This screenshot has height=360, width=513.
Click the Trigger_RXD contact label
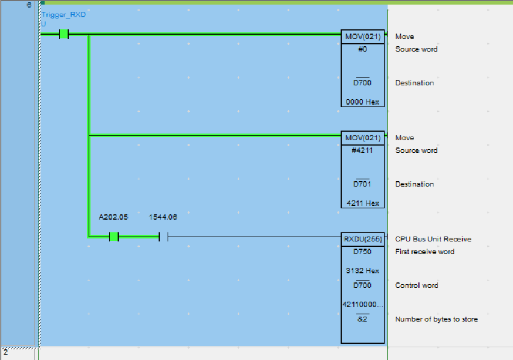(x=63, y=15)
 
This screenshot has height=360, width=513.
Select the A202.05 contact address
(x=113, y=217)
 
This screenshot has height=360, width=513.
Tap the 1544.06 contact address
(x=163, y=217)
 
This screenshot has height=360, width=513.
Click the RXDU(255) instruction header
(x=363, y=239)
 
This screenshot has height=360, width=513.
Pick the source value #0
(x=362, y=49)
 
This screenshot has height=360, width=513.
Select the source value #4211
(x=362, y=150)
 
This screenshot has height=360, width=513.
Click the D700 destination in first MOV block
(x=362, y=83)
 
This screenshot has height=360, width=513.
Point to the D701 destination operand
(x=362, y=184)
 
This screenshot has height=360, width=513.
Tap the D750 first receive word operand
(x=362, y=252)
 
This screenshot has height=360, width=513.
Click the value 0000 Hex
(x=363, y=102)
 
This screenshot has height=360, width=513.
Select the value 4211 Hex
(x=363, y=203)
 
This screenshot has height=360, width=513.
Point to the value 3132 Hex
(x=363, y=271)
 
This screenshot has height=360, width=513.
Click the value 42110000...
(x=362, y=304)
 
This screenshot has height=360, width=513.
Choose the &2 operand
(x=362, y=319)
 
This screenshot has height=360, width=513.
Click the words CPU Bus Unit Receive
(x=433, y=239)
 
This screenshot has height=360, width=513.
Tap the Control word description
(x=417, y=285)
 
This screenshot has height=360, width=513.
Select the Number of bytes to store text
(x=436, y=319)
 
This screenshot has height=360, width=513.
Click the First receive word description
(x=425, y=252)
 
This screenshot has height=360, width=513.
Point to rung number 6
(x=28, y=5)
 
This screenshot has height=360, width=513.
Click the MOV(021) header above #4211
(x=363, y=138)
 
